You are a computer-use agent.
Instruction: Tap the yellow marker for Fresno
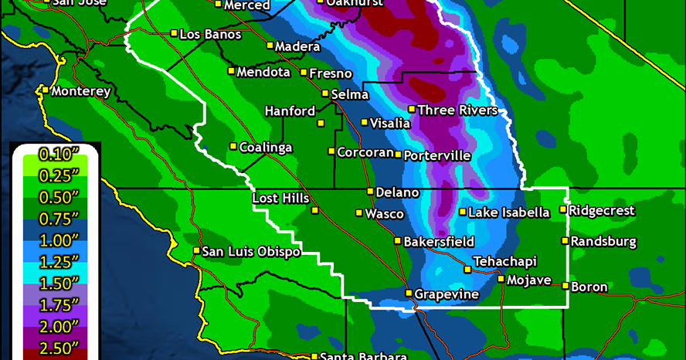tap(304, 73)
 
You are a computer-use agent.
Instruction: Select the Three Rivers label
tap(457, 110)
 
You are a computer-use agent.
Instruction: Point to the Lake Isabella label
tap(509, 212)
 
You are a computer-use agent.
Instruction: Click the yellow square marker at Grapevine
tap(409, 293)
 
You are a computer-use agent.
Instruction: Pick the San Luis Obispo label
tap(251, 251)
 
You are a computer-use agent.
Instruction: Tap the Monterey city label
tap(81, 91)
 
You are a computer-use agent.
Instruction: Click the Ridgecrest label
tap(602, 211)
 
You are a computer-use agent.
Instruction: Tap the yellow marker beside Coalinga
tap(233, 146)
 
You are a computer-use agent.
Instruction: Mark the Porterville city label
tap(437, 156)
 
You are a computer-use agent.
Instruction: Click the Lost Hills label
tap(281, 199)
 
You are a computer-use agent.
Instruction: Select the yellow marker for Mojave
tap(501, 280)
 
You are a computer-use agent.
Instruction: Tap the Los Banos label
tap(210, 34)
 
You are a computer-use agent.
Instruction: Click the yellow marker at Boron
tap(565, 287)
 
